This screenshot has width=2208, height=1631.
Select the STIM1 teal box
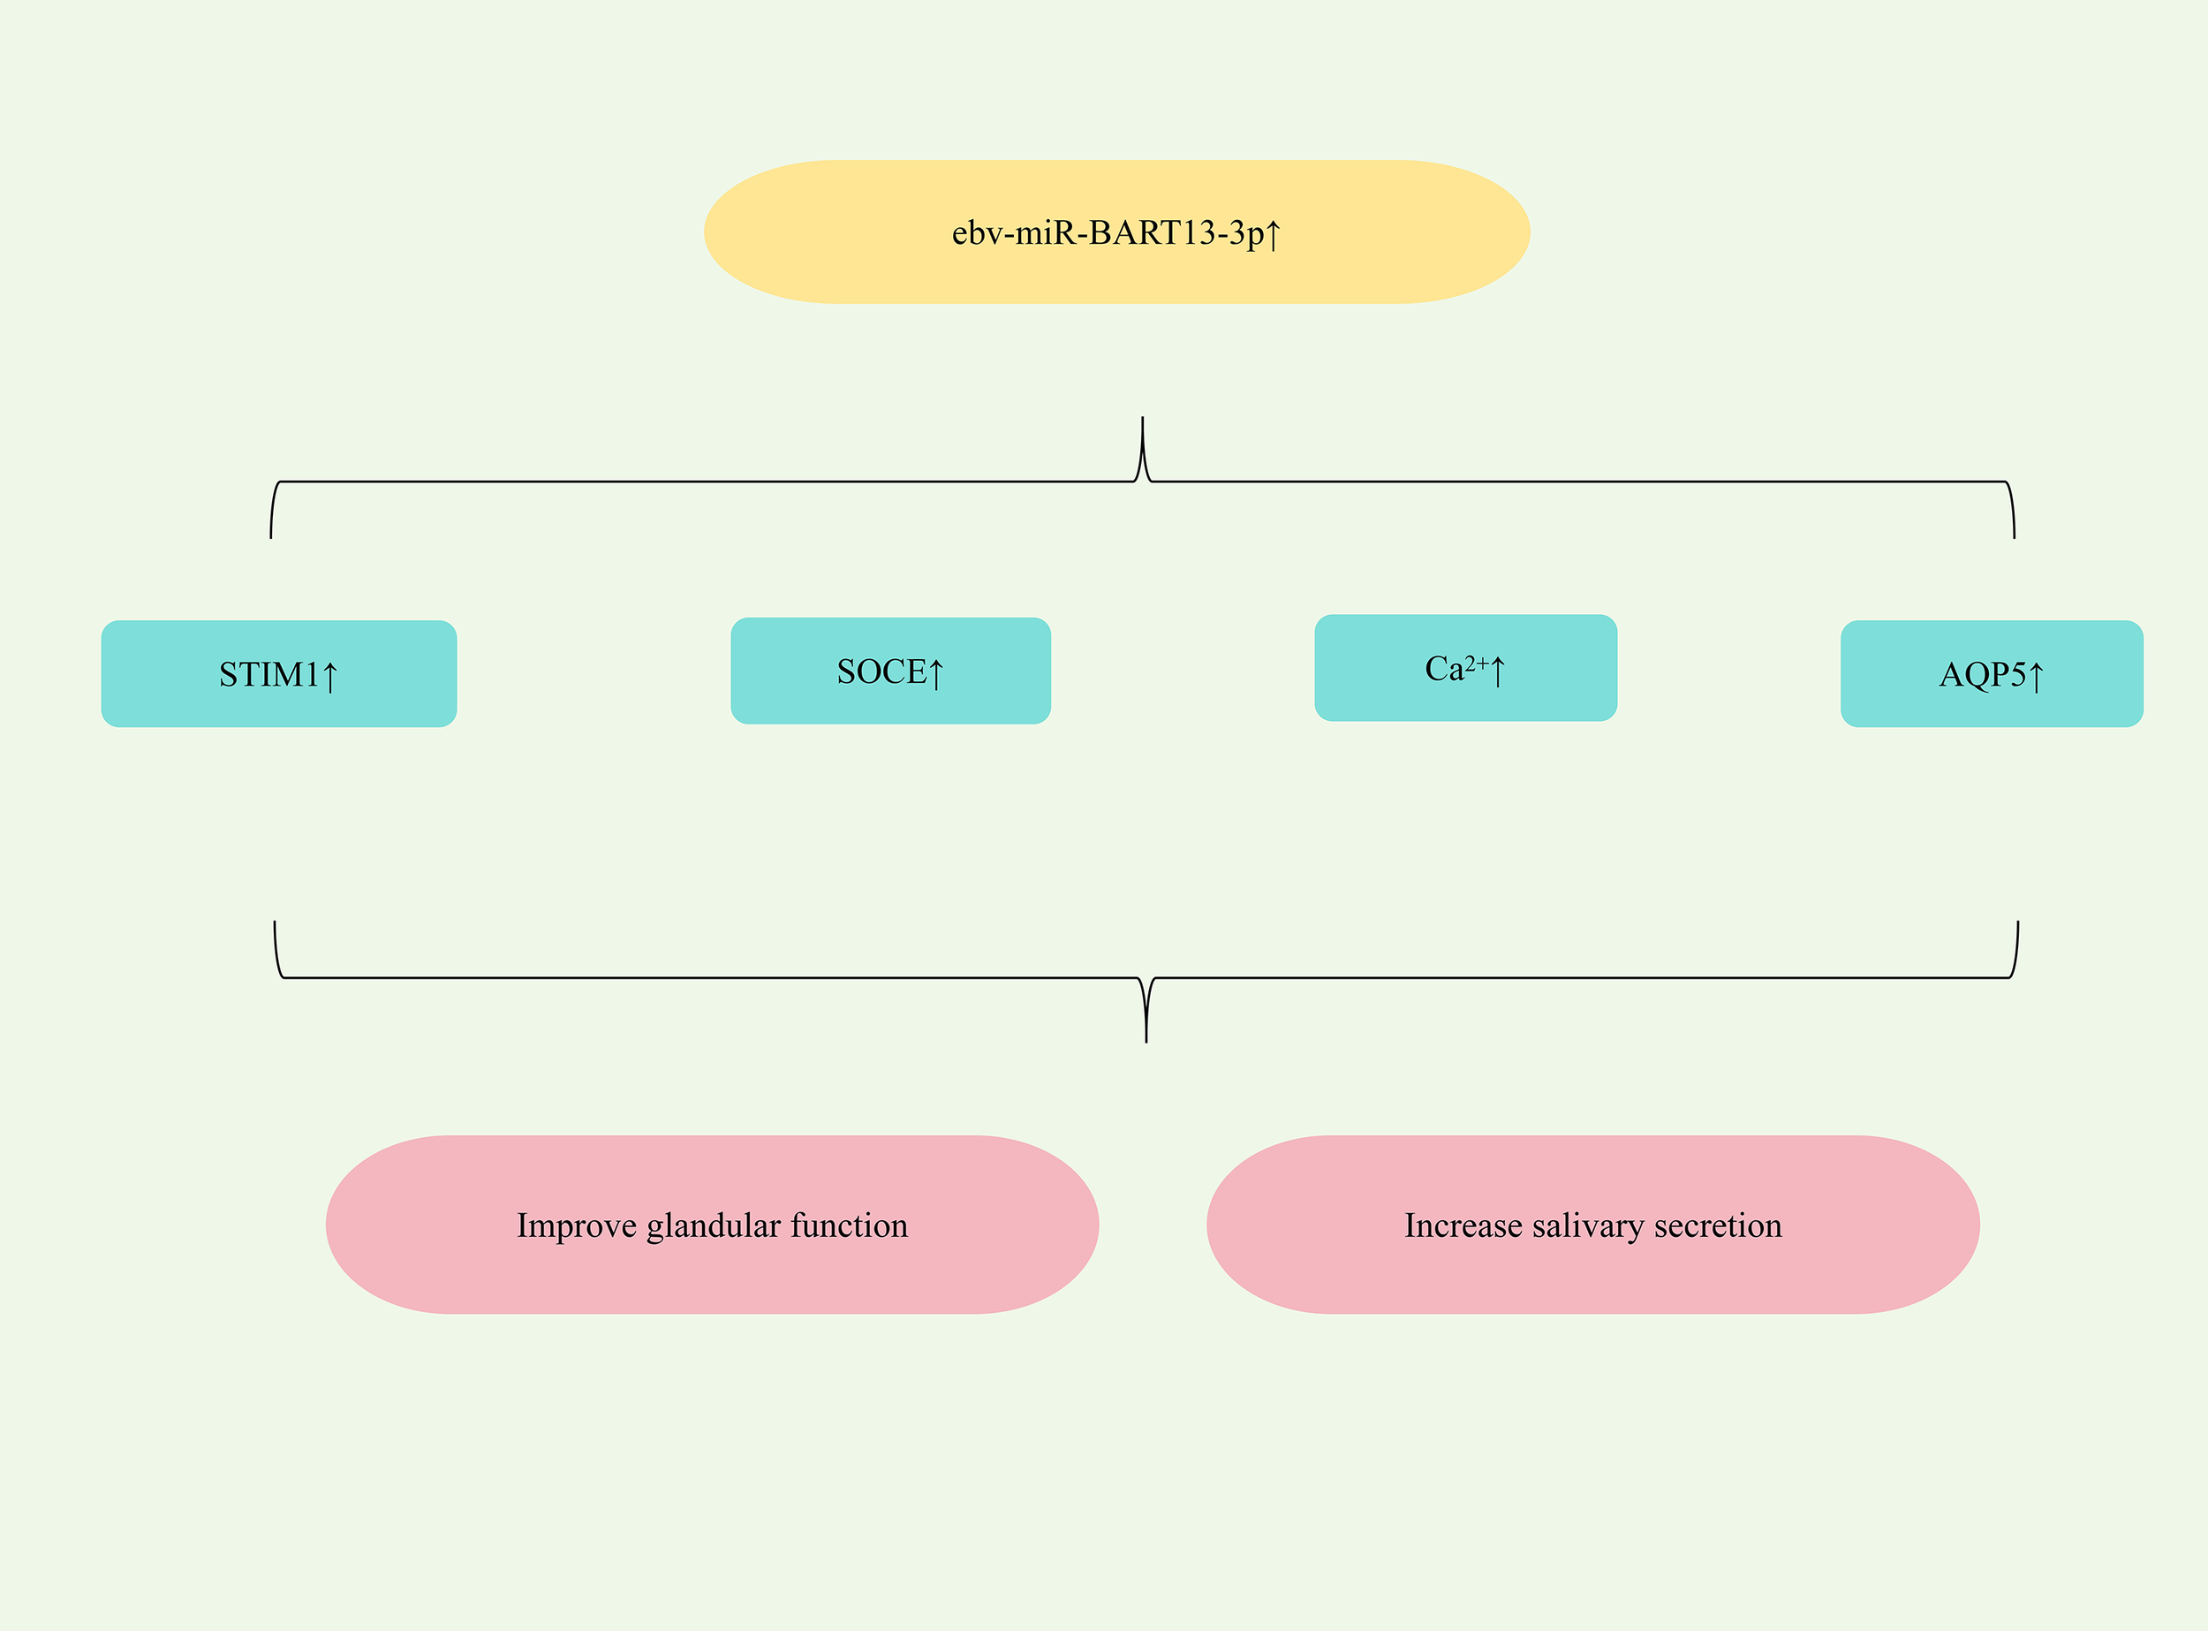click(278, 673)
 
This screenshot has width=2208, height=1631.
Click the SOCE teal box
click(889, 671)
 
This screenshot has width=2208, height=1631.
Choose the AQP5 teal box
click(1991, 673)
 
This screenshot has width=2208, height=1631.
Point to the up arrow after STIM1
click(329, 676)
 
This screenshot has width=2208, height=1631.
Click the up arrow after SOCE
click(935, 673)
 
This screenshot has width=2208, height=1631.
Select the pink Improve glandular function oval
click(712, 1225)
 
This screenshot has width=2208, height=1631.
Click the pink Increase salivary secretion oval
click(1592, 1225)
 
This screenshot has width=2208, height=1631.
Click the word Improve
click(577, 1226)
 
